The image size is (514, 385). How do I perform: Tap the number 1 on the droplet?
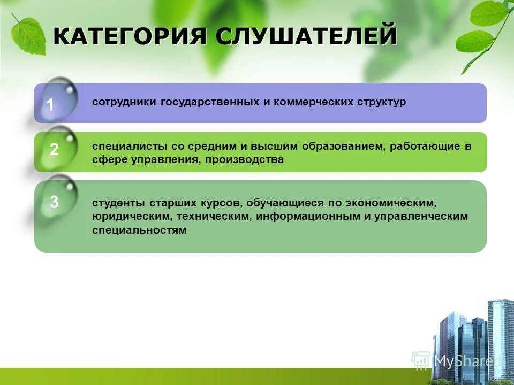click(50, 105)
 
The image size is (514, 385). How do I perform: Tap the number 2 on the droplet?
click(54, 150)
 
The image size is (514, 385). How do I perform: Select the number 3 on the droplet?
click(54, 203)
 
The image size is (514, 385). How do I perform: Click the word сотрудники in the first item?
click(124, 102)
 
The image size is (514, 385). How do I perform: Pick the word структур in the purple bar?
click(382, 102)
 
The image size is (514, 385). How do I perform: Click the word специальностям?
click(139, 230)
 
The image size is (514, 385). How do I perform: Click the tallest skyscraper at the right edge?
click(501, 337)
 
